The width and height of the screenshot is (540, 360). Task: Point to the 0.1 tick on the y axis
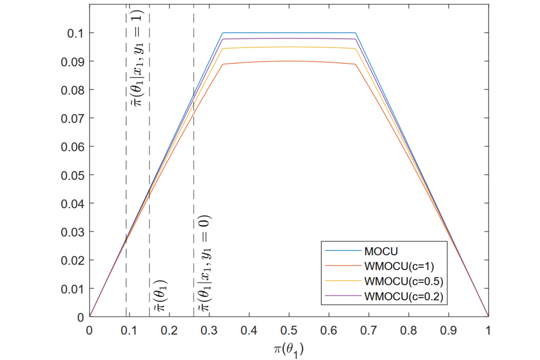[75, 33]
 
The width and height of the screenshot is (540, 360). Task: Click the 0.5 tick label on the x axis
[289, 329]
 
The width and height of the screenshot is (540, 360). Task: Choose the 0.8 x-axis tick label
[409, 329]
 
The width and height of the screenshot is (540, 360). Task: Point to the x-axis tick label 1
[488, 329]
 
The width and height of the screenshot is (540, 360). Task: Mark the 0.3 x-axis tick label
[209, 329]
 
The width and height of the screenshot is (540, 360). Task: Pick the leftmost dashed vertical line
[126, 180]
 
